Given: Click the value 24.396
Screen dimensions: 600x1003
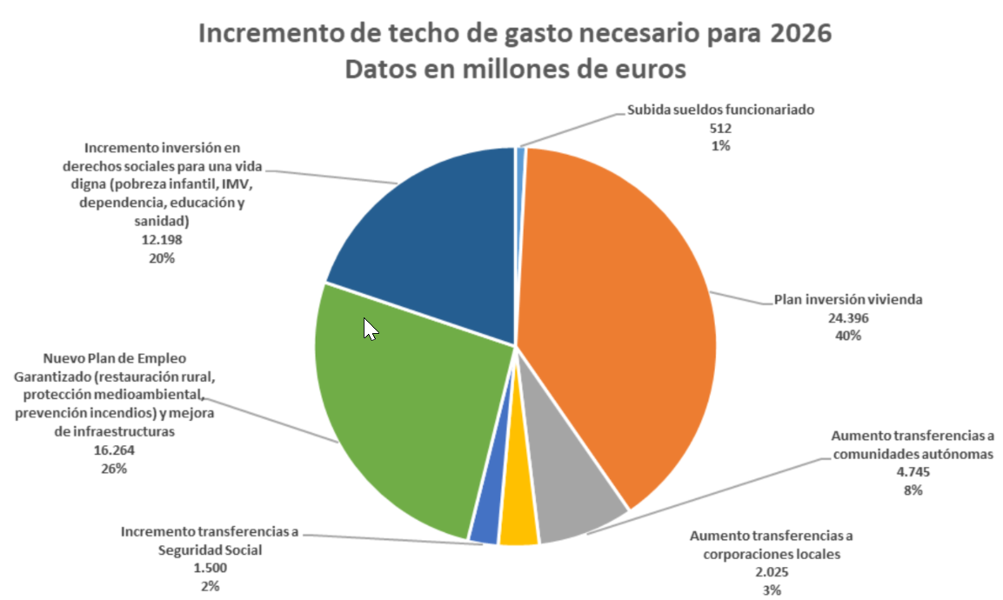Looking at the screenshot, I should coord(848,318).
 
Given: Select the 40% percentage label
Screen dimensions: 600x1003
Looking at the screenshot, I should coord(848,336).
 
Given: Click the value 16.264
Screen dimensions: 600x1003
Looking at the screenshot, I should coord(113,450).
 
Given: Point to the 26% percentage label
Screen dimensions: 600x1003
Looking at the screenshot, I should coord(113,469).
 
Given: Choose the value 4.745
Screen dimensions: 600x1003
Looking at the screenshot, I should coord(913,472).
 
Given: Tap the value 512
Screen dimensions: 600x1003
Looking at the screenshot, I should coord(720,128).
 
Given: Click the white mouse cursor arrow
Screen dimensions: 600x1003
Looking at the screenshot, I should coord(370,329).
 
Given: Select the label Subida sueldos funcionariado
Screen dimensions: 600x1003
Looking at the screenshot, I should coord(720,110).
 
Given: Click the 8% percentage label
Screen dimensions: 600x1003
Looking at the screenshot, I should coord(913,490).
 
